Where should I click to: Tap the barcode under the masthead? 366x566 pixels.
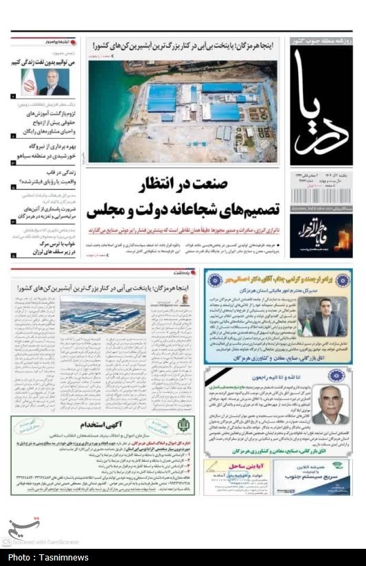tap(321, 197)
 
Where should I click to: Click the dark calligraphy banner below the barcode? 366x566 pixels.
tap(321, 234)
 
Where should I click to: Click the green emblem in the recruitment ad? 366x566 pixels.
tap(181, 427)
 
